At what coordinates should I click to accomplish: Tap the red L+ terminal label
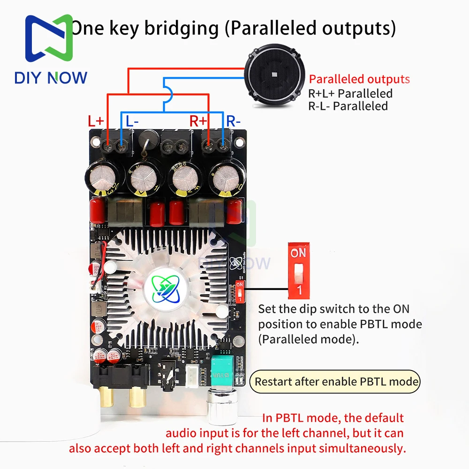[96, 121]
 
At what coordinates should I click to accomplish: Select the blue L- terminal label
[132, 121]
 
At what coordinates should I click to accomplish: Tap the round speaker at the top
[272, 79]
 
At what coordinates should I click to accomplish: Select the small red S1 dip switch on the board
[240, 291]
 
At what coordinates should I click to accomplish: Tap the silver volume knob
[221, 409]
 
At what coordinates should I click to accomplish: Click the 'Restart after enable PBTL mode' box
[336, 381]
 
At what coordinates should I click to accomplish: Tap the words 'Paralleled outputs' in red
[359, 79]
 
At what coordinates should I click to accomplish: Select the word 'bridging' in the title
[181, 28]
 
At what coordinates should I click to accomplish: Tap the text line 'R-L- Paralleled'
[348, 106]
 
